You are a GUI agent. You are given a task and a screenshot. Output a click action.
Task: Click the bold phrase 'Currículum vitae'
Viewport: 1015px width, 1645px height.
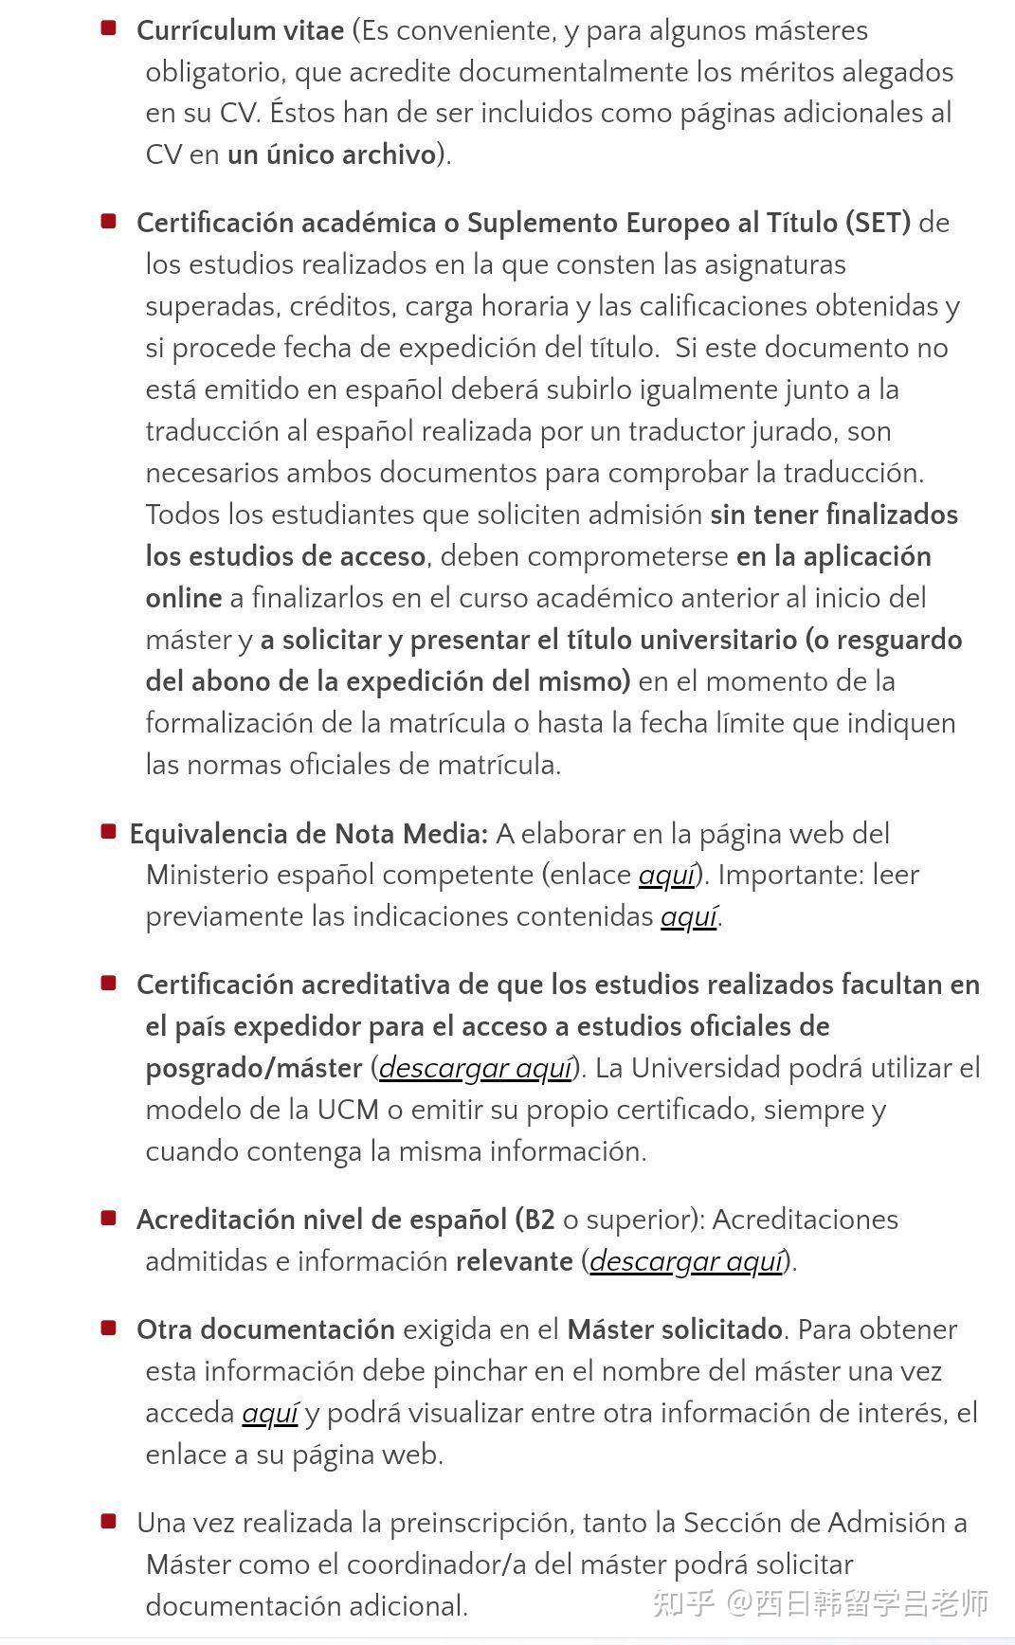pos(240,30)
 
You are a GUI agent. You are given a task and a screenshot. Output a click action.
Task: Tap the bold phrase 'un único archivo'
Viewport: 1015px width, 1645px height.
pos(332,154)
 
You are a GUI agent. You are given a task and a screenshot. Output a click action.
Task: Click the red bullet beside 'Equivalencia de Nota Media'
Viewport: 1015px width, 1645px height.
pos(109,832)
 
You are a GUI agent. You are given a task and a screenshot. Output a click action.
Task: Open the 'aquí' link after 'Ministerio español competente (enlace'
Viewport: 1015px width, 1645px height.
pos(667,875)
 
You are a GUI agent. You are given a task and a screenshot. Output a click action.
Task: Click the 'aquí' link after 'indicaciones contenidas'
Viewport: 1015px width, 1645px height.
pos(689,916)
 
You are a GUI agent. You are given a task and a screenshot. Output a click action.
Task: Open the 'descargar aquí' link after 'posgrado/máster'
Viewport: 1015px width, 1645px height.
pos(476,1068)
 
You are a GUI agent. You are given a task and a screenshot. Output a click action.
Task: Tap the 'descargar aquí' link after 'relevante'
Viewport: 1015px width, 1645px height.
pos(687,1261)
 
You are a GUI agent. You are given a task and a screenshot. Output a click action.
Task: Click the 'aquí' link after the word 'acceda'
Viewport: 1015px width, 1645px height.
pos(270,1413)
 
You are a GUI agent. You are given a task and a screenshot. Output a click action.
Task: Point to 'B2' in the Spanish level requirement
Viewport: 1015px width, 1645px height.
pos(539,1220)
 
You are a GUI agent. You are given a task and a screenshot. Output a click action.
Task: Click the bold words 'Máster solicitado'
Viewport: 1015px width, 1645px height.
pos(675,1329)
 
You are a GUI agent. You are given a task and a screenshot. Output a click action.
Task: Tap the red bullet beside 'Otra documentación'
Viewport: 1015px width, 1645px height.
pos(109,1329)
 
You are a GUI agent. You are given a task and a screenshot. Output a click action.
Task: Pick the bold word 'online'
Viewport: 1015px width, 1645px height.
pos(184,598)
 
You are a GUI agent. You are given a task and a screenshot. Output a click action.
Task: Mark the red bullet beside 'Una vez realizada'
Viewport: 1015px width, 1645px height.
pos(109,1522)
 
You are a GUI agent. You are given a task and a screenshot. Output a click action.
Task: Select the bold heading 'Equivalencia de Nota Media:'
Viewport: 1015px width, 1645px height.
pos(309,834)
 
